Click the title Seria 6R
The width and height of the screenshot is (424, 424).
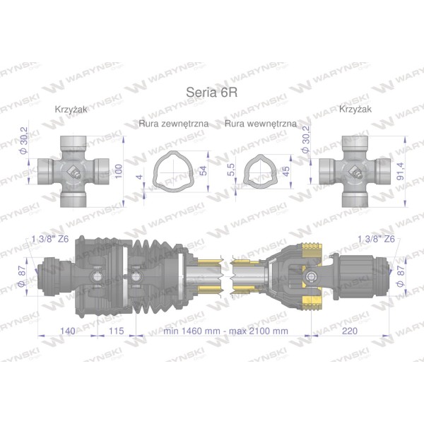212,92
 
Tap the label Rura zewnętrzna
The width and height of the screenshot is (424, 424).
174,124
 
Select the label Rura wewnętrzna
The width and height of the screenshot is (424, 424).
261,124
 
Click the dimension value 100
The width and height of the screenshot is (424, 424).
119,171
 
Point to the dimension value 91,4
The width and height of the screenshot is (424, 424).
400,171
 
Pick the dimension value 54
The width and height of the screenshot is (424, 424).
203,170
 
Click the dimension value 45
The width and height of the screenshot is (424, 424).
285,170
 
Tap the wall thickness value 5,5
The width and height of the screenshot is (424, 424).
231,170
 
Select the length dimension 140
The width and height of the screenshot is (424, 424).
68,331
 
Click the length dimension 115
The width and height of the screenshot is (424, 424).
117,331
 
